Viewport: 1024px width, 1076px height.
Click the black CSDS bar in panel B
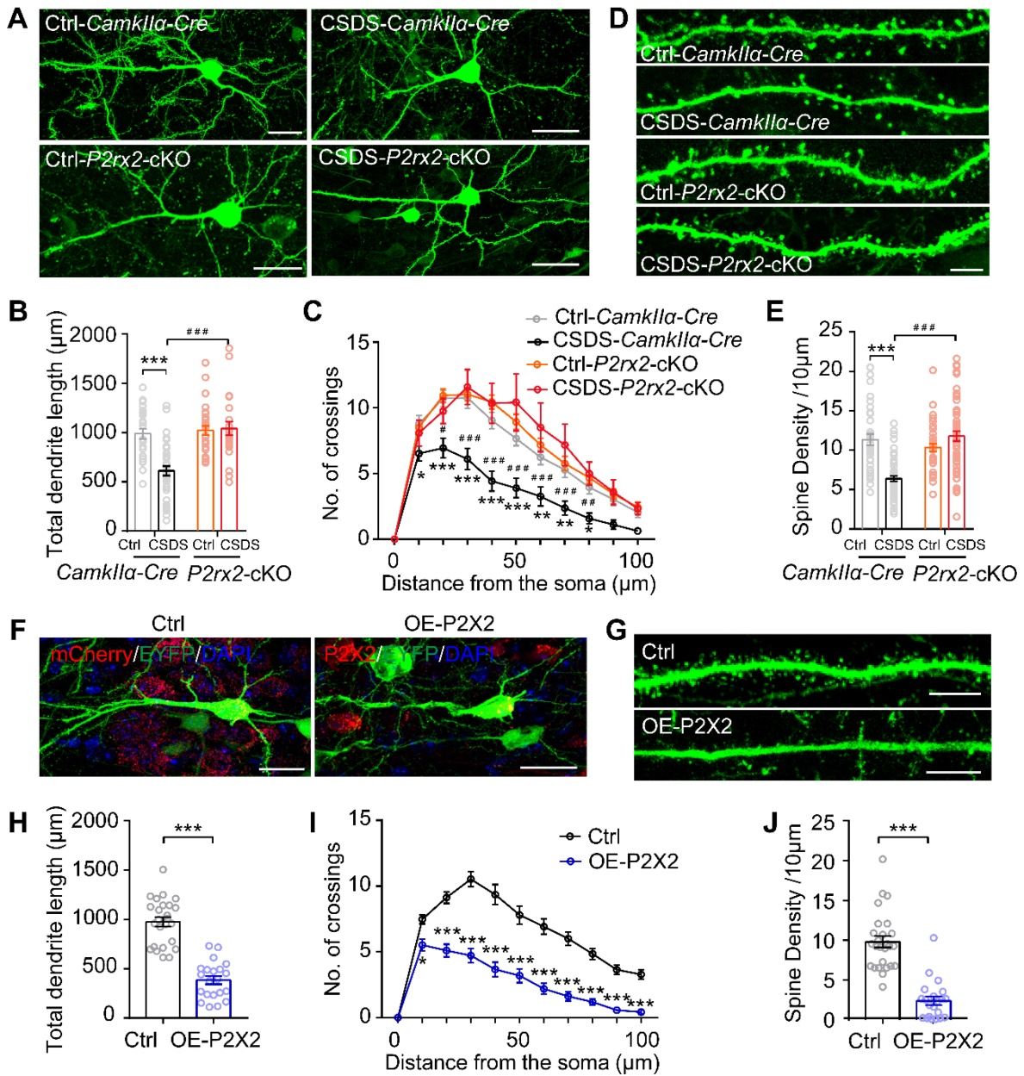click(166, 499)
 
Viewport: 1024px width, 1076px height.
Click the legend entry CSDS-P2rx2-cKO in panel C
click(637, 388)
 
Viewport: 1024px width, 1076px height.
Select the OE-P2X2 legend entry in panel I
click(633, 861)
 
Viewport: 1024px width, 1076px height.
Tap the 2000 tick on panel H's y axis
click(95, 820)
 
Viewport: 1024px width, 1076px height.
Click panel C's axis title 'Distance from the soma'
click(518, 584)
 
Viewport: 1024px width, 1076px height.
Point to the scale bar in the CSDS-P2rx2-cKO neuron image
click(555, 264)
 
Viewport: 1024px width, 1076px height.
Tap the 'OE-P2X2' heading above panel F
click(449, 624)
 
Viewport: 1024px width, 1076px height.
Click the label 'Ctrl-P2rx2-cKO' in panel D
click(712, 192)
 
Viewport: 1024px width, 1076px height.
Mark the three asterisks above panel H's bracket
click(188, 830)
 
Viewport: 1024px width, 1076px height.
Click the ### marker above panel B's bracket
click(197, 332)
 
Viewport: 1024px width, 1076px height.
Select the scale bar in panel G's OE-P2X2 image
click(954, 772)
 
